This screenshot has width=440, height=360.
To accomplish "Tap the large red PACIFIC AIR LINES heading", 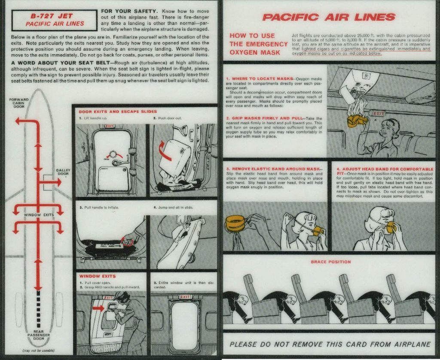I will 328,17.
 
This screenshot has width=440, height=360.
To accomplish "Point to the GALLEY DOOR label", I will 63,172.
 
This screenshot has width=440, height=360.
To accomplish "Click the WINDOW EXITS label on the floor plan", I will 39,215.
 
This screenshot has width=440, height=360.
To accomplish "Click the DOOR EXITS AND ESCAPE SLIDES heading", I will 112,112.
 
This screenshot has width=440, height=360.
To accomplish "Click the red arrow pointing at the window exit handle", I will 98,308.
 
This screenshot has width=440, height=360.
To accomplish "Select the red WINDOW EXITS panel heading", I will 97,276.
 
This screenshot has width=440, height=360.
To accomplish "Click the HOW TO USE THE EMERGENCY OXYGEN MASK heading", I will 258,44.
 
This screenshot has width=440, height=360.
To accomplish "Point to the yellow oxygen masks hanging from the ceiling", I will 356,120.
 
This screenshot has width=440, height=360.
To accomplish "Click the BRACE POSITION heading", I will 330,262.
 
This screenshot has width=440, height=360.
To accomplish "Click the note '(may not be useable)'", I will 39,351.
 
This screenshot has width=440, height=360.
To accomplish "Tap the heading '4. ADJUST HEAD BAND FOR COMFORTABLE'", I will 385,169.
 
